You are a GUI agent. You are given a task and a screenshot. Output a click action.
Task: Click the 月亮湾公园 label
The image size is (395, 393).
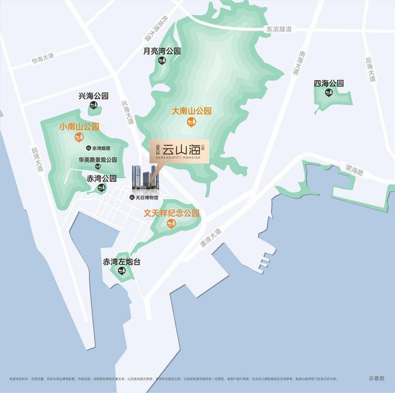pyautogui.click(x=161, y=51)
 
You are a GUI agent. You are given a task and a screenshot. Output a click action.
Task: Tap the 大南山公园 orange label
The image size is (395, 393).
pyautogui.click(x=192, y=111)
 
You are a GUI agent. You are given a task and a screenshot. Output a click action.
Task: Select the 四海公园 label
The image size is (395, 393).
pyautogui.click(x=329, y=83)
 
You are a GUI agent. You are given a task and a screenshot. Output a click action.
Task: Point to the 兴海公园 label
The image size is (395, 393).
pyautogui.click(x=93, y=96)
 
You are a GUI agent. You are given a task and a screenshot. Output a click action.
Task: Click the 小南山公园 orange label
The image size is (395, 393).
pyautogui.click(x=79, y=127)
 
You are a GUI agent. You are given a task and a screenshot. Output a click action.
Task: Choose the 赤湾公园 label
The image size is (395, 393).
pyautogui.click(x=101, y=178)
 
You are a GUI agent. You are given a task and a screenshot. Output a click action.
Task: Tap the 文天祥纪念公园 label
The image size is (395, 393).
pyautogui.click(x=171, y=213)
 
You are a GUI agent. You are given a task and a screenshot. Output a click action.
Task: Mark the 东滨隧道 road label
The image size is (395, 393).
pyautogui.click(x=279, y=29)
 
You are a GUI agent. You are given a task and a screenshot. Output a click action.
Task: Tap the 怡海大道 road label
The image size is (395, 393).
pyautogui.click(x=43, y=58)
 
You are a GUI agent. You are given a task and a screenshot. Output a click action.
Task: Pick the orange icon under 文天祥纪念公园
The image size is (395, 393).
pyautogui.click(x=171, y=225)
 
